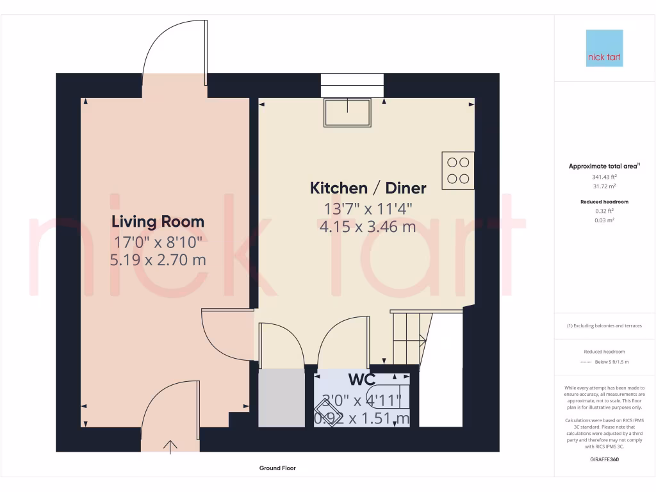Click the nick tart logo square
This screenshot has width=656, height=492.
[x=604, y=48]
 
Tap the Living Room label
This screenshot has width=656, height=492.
[x=158, y=222]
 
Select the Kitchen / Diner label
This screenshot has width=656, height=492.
[x=368, y=188]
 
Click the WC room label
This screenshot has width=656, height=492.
[x=361, y=378]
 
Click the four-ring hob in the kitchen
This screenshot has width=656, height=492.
[x=458, y=170]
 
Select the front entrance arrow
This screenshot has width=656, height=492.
[x=170, y=447]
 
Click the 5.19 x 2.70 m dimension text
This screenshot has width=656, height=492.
[x=158, y=259]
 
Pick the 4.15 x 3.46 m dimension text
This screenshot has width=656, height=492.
[x=368, y=226]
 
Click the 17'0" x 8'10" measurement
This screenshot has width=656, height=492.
[x=158, y=242]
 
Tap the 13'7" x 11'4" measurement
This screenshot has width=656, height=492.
[x=368, y=208]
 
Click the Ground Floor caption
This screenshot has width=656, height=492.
[x=277, y=468]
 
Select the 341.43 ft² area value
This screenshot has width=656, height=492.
[x=604, y=176]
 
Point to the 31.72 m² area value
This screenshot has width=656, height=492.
[x=604, y=186]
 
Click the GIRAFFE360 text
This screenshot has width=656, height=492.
[x=604, y=459]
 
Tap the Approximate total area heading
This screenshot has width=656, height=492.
[x=603, y=166]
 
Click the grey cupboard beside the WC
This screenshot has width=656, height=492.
[x=281, y=398]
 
